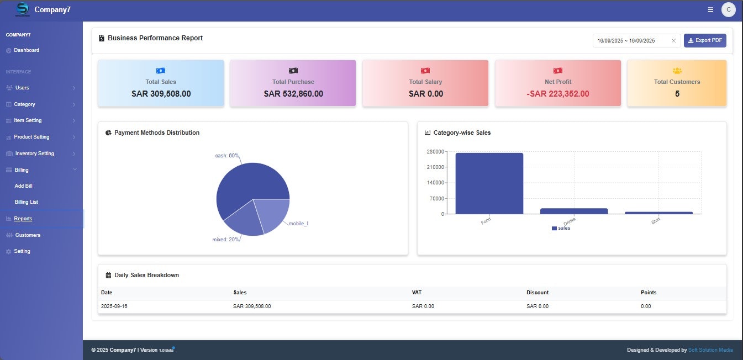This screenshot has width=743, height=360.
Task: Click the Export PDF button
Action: (705, 40)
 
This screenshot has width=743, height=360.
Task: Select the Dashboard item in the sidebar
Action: (27, 50)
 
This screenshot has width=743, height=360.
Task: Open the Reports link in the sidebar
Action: (23, 219)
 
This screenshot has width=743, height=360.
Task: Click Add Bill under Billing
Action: (24, 186)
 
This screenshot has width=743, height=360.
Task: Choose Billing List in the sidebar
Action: (27, 202)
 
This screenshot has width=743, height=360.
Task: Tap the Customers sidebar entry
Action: (28, 235)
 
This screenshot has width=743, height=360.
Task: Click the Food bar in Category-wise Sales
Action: (489, 183)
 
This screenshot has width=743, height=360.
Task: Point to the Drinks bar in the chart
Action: (574, 211)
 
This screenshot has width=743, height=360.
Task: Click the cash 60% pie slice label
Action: (227, 156)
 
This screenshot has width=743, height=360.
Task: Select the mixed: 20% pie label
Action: (226, 240)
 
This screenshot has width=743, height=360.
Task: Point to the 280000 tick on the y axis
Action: (435, 151)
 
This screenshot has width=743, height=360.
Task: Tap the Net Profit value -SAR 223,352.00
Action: (558, 94)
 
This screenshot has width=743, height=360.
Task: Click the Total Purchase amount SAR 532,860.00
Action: (293, 94)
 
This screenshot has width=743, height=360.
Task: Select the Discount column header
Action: (538, 293)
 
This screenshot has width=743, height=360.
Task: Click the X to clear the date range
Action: (673, 40)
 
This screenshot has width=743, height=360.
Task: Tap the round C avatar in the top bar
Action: (728, 9)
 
